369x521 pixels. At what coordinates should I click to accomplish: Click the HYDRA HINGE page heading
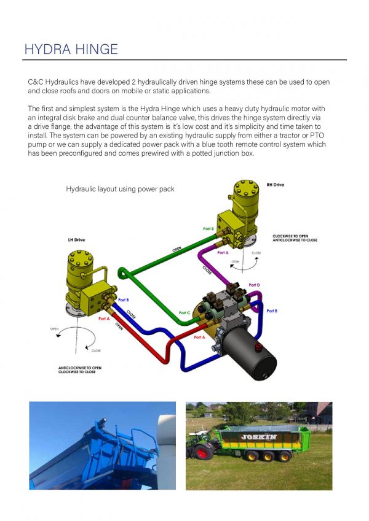click(71, 49)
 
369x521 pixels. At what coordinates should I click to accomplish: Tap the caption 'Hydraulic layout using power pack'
click(120, 189)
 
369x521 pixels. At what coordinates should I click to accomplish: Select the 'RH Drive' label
click(275, 185)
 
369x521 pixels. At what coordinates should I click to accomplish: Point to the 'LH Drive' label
click(76, 240)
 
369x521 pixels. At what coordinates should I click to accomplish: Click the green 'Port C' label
click(184, 313)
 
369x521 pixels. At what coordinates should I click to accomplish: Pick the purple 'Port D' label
click(253, 285)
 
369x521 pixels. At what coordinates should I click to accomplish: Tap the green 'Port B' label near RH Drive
click(208, 229)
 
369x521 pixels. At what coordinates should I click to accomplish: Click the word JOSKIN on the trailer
click(258, 437)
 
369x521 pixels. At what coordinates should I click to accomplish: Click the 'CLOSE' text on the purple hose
click(207, 269)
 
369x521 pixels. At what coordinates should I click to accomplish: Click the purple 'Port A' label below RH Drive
click(223, 252)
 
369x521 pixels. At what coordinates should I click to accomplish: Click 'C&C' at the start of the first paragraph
click(36, 82)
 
